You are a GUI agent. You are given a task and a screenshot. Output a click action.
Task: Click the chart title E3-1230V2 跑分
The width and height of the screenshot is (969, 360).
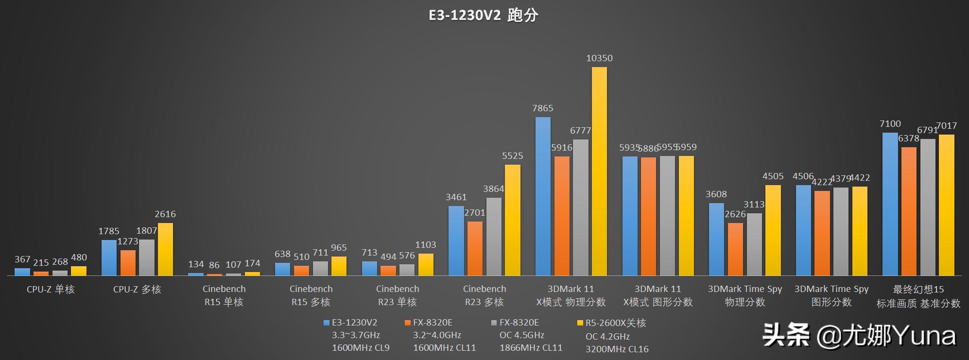[x=484, y=16]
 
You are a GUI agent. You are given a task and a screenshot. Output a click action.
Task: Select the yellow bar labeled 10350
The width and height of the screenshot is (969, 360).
[x=599, y=171]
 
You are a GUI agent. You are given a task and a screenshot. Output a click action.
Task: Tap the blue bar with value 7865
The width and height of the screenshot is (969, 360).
[x=543, y=196]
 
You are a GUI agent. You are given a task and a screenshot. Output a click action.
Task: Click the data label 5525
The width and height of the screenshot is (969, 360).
[x=512, y=156]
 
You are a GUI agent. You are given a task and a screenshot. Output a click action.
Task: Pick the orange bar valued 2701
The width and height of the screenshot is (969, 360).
[x=475, y=248]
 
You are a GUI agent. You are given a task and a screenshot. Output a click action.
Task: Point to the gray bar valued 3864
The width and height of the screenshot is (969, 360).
[x=494, y=236]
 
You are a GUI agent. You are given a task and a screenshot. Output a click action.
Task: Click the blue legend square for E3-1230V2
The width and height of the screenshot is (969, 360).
[x=326, y=323]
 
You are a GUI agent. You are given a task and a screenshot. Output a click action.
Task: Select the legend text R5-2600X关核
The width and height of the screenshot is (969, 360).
[x=615, y=323]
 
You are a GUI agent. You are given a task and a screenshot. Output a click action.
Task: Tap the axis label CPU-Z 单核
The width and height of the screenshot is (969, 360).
[x=51, y=290]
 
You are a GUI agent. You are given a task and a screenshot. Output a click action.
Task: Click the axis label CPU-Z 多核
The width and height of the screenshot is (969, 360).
[x=137, y=290]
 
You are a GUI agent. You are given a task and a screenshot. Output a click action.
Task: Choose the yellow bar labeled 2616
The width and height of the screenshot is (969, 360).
[x=165, y=249]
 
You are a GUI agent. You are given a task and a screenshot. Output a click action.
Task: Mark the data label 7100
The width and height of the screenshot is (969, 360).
[x=890, y=124]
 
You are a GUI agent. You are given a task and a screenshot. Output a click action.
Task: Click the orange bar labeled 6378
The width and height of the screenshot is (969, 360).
[x=909, y=211]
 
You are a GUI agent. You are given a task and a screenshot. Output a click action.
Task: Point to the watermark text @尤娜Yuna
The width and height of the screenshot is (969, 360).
[x=886, y=336]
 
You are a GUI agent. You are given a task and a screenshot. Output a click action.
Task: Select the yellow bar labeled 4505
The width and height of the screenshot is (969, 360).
[x=773, y=230]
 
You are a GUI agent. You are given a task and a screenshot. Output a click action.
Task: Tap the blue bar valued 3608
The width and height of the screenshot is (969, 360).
[x=716, y=239]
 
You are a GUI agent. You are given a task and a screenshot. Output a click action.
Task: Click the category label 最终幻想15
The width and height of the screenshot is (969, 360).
[x=918, y=290]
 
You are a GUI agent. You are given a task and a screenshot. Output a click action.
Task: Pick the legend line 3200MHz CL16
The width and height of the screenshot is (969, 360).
[x=617, y=349]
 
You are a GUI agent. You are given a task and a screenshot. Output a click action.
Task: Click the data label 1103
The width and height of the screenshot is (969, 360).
[x=425, y=245]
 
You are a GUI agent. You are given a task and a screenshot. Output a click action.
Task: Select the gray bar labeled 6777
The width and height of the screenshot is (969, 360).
[x=580, y=207]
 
